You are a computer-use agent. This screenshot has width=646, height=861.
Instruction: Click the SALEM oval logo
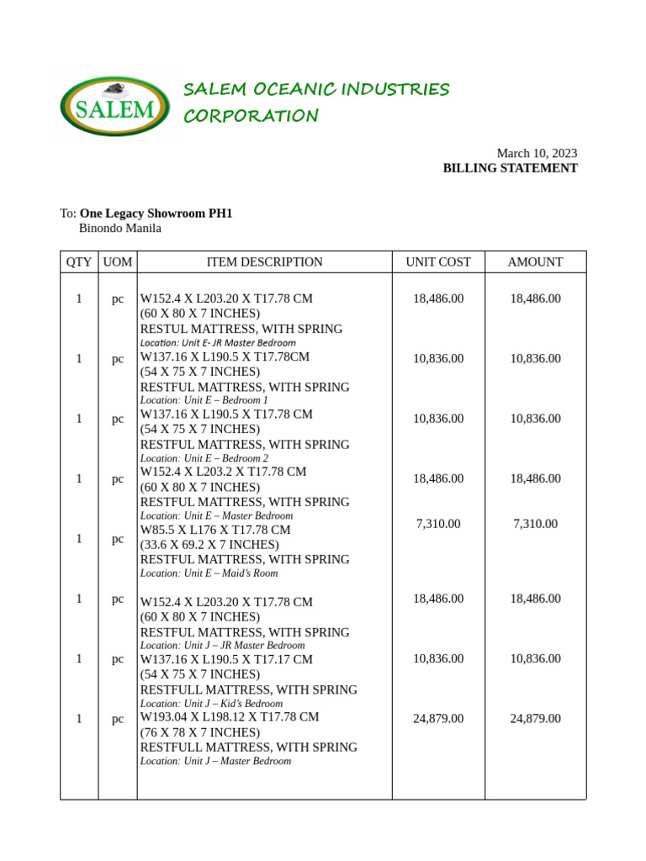tap(115, 107)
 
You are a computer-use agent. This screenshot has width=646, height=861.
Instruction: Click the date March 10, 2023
tap(537, 153)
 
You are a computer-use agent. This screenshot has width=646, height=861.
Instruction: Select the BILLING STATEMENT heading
tap(510, 168)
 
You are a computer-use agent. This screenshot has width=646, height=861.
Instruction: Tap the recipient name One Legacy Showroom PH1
tap(156, 214)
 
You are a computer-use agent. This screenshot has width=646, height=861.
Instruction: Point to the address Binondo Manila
tap(119, 228)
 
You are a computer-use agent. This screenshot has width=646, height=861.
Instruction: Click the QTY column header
tap(79, 262)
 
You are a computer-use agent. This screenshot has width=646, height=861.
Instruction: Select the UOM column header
tap(118, 262)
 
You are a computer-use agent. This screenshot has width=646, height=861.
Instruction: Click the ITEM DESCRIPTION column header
tap(264, 262)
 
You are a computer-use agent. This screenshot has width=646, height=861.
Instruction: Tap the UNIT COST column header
tap(438, 262)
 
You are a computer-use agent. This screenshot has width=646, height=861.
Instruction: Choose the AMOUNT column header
tap(535, 262)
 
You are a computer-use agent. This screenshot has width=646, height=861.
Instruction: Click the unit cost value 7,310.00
tap(438, 524)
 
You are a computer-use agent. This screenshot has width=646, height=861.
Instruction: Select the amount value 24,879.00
tap(535, 719)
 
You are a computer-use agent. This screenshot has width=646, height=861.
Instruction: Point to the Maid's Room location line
tap(209, 573)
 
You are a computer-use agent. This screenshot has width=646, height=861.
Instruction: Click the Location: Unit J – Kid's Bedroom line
tap(211, 704)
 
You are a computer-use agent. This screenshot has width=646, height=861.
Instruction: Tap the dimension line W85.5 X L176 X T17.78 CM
tap(215, 531)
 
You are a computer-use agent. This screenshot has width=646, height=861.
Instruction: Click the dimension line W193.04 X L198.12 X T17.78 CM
tap(230, 717)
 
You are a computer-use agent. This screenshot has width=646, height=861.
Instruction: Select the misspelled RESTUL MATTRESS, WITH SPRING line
tap(241, 330)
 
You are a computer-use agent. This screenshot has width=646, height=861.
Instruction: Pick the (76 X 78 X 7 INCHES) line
tap(200, 732)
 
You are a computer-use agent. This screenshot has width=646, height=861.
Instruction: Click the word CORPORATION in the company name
tap(252, 116)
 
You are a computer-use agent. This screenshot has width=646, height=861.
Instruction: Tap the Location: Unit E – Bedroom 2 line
tap(204, 458)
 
